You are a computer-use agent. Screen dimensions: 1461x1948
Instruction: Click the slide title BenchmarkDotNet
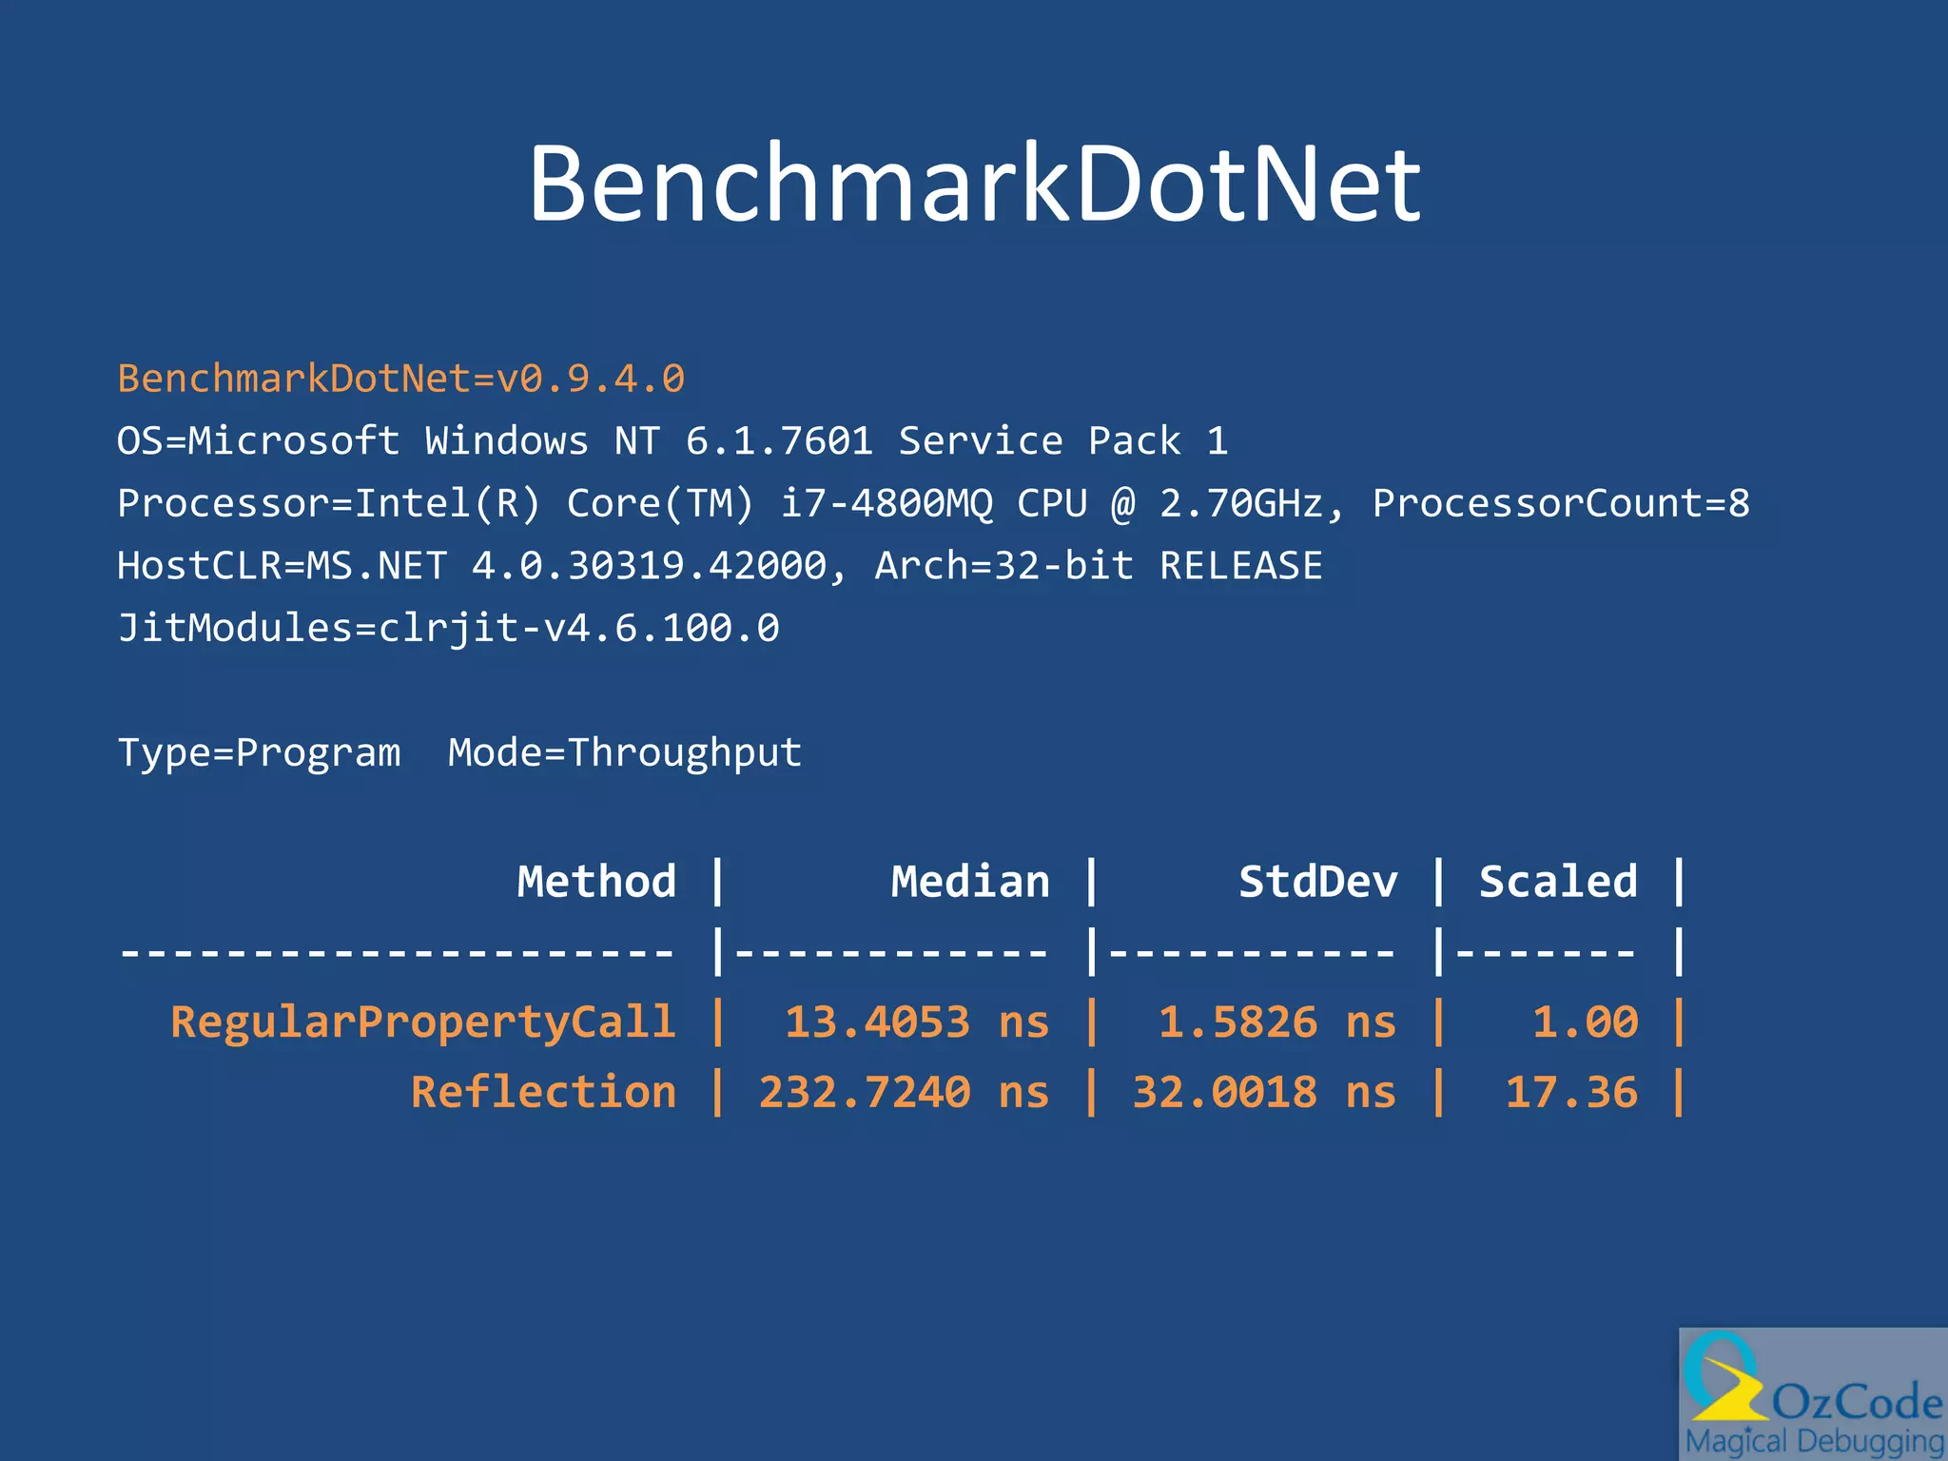(974, 184)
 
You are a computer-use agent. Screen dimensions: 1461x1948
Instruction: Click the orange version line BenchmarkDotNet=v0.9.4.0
(400, 379)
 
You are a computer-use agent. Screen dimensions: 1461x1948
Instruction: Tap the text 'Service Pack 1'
(1062, 441)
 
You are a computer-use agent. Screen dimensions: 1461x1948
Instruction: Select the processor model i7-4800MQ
(886, 503)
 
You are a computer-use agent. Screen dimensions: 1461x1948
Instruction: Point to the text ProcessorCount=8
(1560, 503)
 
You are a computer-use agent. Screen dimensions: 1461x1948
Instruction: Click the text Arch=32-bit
(1003, 566)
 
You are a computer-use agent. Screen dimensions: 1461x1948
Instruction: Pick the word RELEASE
(1240, 566)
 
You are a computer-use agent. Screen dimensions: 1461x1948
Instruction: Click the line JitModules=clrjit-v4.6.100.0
(448, 628)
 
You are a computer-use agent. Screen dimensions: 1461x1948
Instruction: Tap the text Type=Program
(259, 752)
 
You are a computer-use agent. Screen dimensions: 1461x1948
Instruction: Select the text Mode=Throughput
(625, 752)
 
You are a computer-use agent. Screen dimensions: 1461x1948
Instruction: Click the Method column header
(596, 882)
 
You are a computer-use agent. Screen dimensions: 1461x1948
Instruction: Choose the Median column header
(970, 882)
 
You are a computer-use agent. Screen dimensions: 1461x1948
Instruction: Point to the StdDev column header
(1317, 882)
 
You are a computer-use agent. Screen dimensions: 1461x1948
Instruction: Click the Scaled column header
(1558, 882)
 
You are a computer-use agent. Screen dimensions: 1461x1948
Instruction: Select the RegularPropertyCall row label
(423, 1023)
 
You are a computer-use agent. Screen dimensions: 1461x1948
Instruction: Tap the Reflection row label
(543, 1092)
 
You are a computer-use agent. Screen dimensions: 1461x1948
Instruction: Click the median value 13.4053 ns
(916, 1023)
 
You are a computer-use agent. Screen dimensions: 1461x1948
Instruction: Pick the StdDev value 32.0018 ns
(1263, 1092)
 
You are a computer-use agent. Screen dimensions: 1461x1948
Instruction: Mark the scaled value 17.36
(1571, 1092)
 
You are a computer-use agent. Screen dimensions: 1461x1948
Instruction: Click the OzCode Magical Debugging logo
(1813, 1394)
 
